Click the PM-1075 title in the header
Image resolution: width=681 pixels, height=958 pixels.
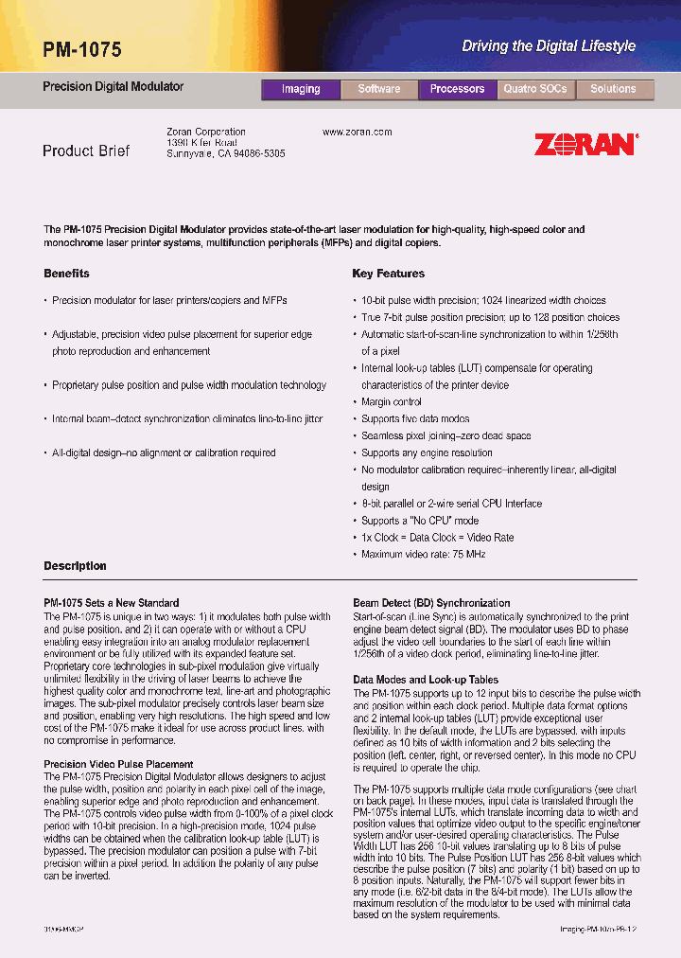pos(82,49)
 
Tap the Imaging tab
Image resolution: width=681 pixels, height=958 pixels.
pos(300,89)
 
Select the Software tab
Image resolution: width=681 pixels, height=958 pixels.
pos(378,89)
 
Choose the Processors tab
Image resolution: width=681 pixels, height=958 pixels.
pos(457,89)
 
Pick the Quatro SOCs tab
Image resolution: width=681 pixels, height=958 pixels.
pos(535,89)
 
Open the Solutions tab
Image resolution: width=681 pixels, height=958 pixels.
pos(613,89)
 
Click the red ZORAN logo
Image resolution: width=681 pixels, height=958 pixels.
pos(585,145)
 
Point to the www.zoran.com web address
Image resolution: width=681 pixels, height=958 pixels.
pos(357,133)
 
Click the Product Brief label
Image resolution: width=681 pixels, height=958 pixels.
pos(86,151)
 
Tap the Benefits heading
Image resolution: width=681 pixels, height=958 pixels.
pos(66,274)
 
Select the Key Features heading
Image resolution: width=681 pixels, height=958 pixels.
pos(388,274)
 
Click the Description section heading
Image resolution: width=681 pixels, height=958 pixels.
pos(75,566)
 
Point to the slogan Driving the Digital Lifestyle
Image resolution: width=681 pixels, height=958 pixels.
pos(548,45)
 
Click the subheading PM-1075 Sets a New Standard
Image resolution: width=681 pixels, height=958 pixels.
pos(111,603)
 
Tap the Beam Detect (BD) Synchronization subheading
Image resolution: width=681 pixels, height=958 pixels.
pos(431,603)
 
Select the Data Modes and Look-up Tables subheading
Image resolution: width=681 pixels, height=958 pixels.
pos(426,680)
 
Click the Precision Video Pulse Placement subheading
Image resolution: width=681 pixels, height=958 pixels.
pos(118,764)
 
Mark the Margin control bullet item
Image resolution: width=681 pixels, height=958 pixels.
pos(392,402)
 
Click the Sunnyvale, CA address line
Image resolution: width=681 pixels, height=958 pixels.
pos(225,153)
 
